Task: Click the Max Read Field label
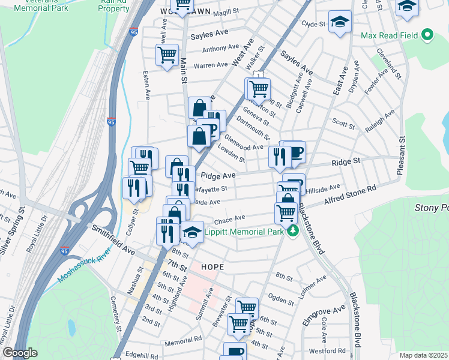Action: pos(389,35)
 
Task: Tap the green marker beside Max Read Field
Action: pos(427,35)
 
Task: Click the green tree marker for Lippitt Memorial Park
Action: pos(292,231)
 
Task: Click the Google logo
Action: pos(20,353)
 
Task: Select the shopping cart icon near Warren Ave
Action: pos(167,55)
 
